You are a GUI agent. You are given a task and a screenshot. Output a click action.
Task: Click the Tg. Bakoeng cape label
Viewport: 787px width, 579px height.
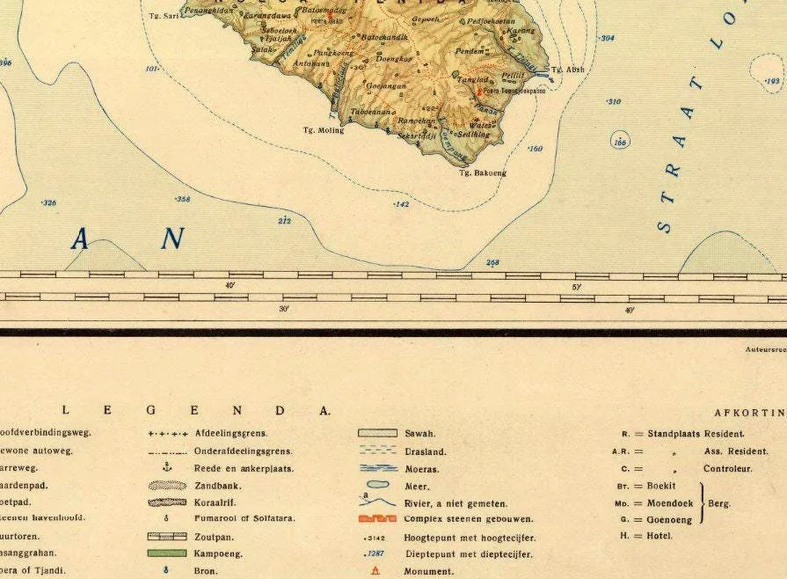483,173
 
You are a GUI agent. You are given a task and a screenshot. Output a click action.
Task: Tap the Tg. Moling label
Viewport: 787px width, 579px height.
323,130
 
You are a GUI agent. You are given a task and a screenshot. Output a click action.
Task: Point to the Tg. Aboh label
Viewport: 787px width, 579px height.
567,70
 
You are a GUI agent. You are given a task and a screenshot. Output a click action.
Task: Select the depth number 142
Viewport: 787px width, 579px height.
401,204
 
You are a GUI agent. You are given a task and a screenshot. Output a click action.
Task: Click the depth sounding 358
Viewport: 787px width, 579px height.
182,200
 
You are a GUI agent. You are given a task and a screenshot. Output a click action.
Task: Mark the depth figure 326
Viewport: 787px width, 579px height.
48,203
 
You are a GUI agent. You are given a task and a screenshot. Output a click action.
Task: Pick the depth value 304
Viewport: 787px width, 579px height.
607,39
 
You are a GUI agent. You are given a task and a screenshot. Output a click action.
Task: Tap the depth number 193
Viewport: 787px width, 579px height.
772,81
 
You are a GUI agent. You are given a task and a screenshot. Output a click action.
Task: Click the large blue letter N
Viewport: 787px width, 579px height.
173,238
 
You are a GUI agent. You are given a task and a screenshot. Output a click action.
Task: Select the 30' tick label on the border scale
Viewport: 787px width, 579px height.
284,309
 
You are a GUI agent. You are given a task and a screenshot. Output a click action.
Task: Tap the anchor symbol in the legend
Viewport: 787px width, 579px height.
166,467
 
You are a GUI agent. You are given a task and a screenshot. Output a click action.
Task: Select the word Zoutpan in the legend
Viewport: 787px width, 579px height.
214,536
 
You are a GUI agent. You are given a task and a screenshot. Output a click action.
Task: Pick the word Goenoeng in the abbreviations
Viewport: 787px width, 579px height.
670,519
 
